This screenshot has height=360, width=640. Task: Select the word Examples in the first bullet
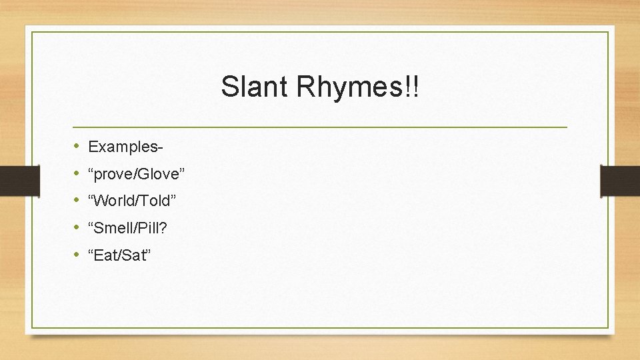pos(124,146)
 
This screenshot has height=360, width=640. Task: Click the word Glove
pos(156,174)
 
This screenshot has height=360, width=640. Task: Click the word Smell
pos(115,228)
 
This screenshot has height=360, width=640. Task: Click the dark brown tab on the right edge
pos(619,181)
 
